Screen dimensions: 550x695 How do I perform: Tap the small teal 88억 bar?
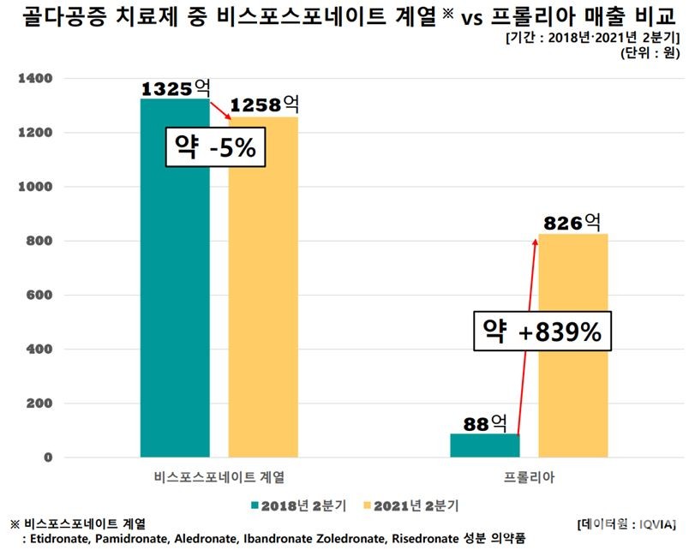point(484,445)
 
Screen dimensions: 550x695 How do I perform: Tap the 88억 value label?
point(484,423)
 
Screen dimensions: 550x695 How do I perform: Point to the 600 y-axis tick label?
point(40,296)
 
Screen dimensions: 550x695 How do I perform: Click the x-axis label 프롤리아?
point(530,478)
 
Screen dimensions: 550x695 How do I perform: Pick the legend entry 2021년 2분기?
point(412,506)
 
